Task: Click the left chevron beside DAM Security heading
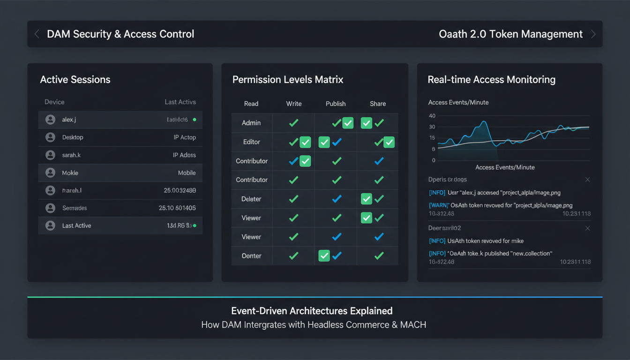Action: click(37, 34)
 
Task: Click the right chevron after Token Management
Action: click(593, 34)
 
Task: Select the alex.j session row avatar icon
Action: click(50, 120)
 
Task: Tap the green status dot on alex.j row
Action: click(195, 120)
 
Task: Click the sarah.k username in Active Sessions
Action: click(71, 155)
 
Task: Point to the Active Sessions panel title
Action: click(75, 80)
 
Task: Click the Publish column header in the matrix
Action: click(336, 104)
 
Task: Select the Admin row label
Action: click(251, 123)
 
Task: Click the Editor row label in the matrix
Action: click(251, 142)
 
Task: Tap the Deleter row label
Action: click(251, 199)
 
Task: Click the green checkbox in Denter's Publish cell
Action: click(324, 256)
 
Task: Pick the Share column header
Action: click(378, 104)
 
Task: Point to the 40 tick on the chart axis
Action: click(432, 116)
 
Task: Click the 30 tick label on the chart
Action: click(432, 127)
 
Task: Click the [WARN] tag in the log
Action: click(439, 205)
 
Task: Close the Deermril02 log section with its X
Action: click(587, 228)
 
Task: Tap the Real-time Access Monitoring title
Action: click(491, 80)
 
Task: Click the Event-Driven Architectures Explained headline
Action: click(312, 311)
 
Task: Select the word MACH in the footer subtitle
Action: click(413, 324)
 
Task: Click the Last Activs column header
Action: click(180, 102)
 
